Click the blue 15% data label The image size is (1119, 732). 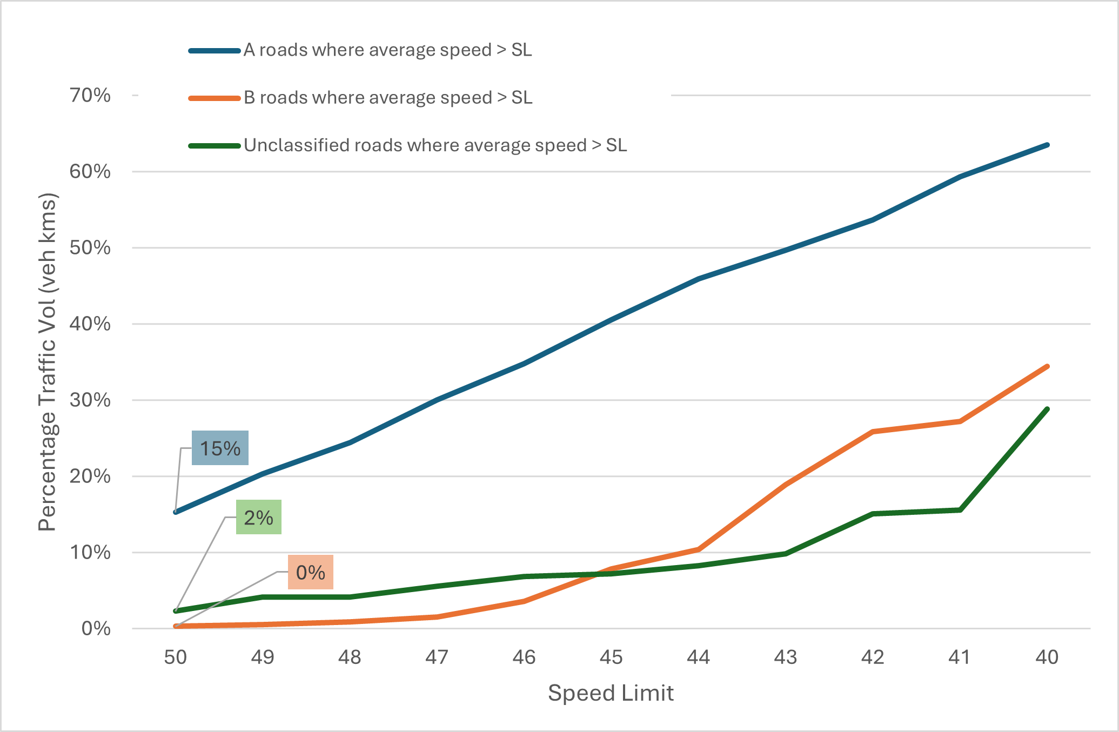pyautogui.click(x=220, y=448)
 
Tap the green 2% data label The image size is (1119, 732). pyautogui.click(x=258, y=517)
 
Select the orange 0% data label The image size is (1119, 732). pyautogui.click(x=310, y=572)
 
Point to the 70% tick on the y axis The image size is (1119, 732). pyautogui.click(x=90, y=96)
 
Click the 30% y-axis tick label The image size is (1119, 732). pyautogui.click(x=90, y=400)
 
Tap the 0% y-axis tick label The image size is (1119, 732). pyautogui.click(x=96, y=629)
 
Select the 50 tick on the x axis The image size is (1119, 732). pyautogui.click(x=176, y=657)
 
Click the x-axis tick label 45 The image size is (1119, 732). pyautogui.click(x=611, y=657)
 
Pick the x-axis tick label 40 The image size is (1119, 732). pyautogui.click(x=1047, y=657)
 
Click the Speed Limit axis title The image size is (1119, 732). pyautogui.click(x=611, y=693)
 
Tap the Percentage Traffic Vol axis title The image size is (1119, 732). pyautogui.click(x=48, y=362)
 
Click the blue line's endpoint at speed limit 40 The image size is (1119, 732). pyautogui.click(x=1047, y=145)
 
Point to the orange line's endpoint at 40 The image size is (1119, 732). pyautogui.click(x=1047, y=366)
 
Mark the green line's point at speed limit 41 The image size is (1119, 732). pyautogui.click(x=960, y=510)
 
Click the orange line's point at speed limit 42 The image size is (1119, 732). pyautogui.click(x=873, y=432)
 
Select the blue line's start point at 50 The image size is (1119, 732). pyautogui.click(x=176, y=512)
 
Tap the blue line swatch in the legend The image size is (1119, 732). pyautogui.click(x=215, y=51)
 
